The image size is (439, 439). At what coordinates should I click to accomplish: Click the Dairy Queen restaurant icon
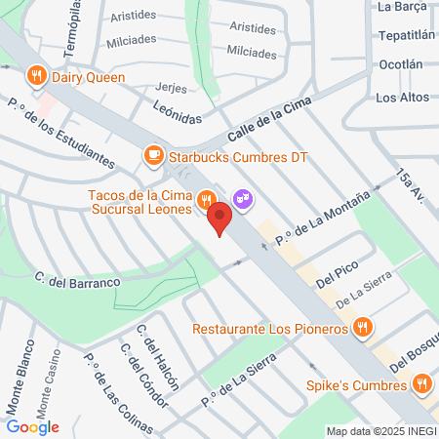tap(36, 75)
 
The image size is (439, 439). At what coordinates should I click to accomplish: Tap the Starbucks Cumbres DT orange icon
tap(153, 155)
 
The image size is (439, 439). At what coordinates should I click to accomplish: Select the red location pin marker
tap(220, 218)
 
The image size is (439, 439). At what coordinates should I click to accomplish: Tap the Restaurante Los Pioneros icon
tap(362, 328)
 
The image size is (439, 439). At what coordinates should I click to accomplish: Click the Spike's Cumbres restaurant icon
tap(421, 383)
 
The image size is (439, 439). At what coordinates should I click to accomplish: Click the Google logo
tap(33, 426)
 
